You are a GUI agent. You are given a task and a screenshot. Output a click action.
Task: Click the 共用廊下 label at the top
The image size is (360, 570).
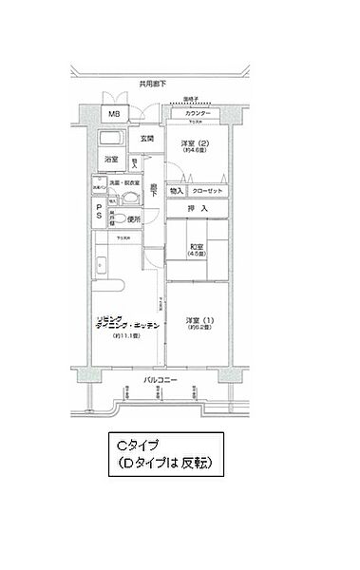(152, 84)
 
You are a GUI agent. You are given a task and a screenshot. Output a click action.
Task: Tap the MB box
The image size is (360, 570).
(113, 115)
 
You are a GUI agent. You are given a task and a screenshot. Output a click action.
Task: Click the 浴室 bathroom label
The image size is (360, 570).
(111, 160)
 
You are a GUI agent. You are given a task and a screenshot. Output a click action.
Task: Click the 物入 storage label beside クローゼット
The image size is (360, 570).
(177, 190)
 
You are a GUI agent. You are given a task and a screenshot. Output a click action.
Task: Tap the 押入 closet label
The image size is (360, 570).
(197, 208)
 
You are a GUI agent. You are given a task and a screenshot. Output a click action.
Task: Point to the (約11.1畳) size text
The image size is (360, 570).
(126, 336)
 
